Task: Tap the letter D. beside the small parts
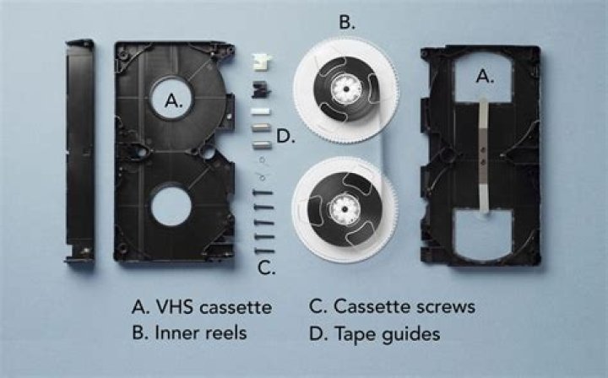click(x=285, y=136)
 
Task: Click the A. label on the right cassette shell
click(x=485, y=76)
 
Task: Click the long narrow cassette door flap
click(x=79, y=152)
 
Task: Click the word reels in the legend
click(x=220, y=333)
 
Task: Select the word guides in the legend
click(x=410, y=334)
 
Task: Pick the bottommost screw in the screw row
click(x=265, y=251)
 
